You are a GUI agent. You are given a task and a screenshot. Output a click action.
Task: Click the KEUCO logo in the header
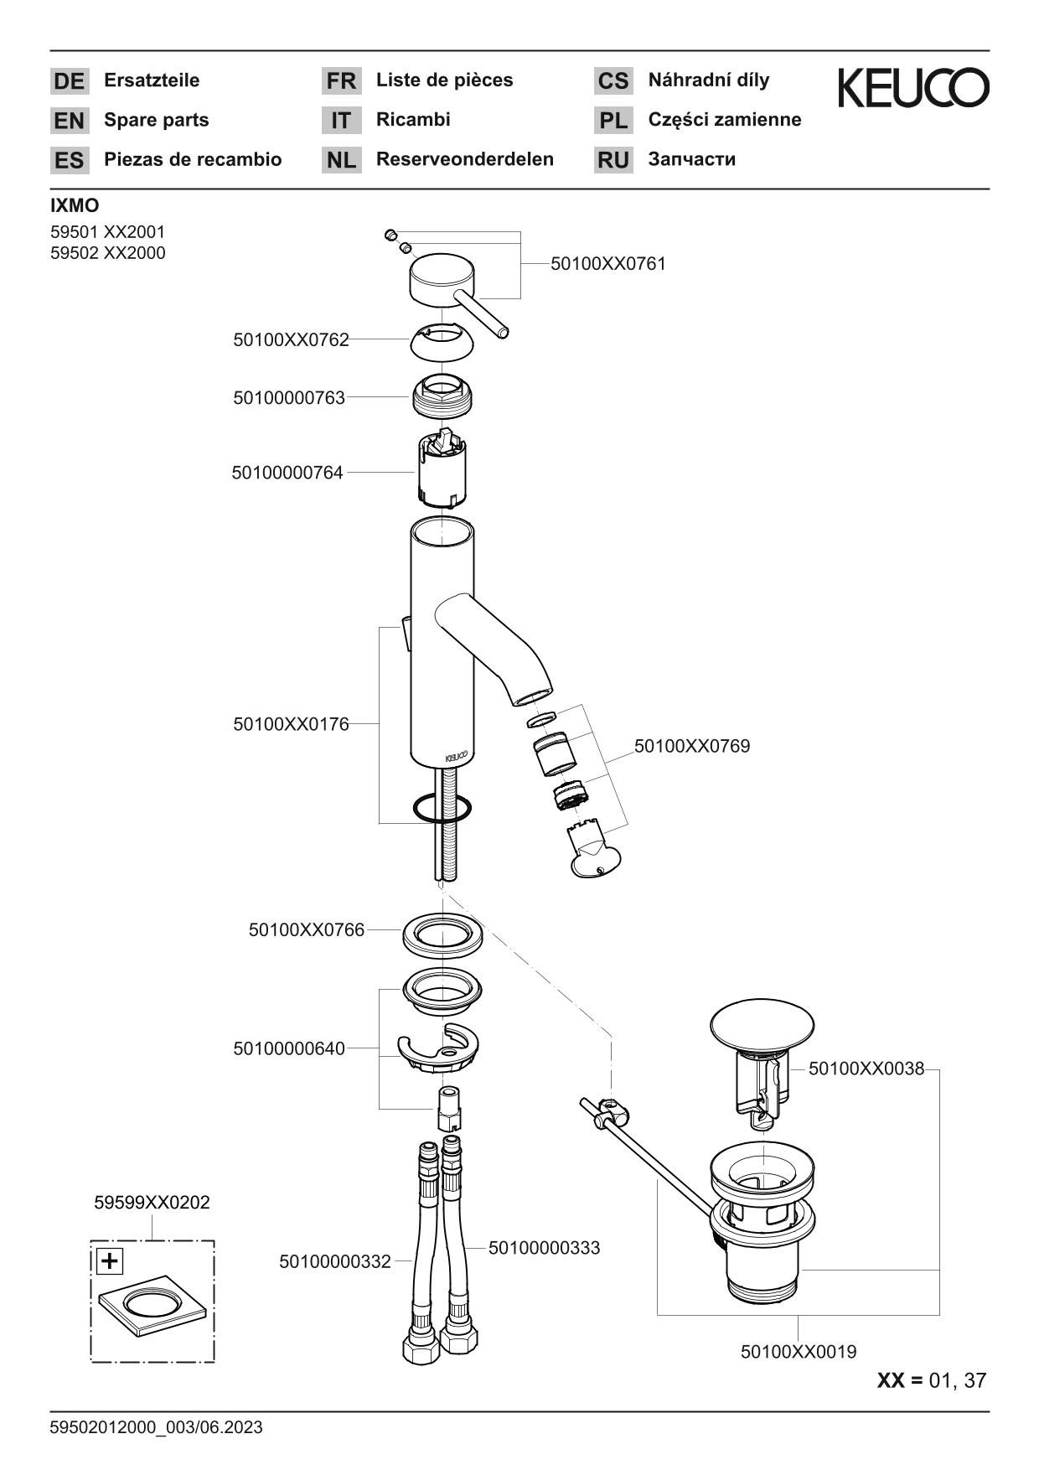(x=913, y=89)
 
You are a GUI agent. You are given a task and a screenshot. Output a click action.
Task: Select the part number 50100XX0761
(x=607, y=264)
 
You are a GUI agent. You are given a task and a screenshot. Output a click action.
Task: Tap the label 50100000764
(x=287, y=474)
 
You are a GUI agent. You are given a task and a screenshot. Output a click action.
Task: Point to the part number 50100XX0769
(x=691, y=746)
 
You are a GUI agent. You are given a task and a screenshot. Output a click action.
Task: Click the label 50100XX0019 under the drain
(x=798, y=1352)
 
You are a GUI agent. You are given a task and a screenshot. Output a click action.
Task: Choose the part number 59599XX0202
(x=152, y=1203)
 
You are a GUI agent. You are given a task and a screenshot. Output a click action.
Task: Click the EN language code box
(x=70, y=121)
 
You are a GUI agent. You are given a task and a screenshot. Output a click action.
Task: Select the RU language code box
(x=613, y=160)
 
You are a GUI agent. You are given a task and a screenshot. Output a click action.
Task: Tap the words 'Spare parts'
(x=156, y=120)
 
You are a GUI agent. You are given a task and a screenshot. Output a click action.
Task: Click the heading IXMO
(x=75, y=206)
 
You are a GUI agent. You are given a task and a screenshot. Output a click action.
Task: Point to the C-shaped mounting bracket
(x=437, y=1048)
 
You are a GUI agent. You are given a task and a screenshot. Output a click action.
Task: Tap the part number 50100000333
(x=544, y=1248)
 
